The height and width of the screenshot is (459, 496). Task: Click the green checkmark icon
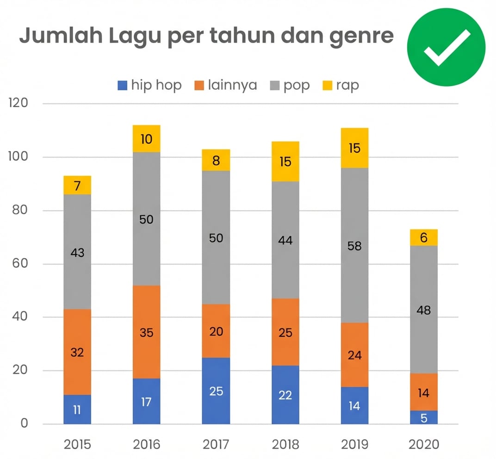(446, 47)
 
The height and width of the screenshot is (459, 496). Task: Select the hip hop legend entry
(150, 85)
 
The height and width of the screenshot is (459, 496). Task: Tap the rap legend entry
(341, 85)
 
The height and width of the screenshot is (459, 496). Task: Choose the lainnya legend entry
(225, 85)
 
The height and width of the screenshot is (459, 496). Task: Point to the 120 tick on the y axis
(19, 103)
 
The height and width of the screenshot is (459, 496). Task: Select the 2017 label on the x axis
(216, 445)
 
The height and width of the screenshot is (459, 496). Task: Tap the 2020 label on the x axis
(423, 445)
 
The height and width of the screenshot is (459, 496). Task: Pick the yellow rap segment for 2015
(77, 186)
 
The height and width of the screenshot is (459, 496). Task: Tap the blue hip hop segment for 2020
(423, 417)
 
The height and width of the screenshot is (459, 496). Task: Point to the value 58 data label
(354, 246)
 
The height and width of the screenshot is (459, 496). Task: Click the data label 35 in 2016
(146, 333)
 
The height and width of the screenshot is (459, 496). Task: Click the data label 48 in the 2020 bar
(423, 310)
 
